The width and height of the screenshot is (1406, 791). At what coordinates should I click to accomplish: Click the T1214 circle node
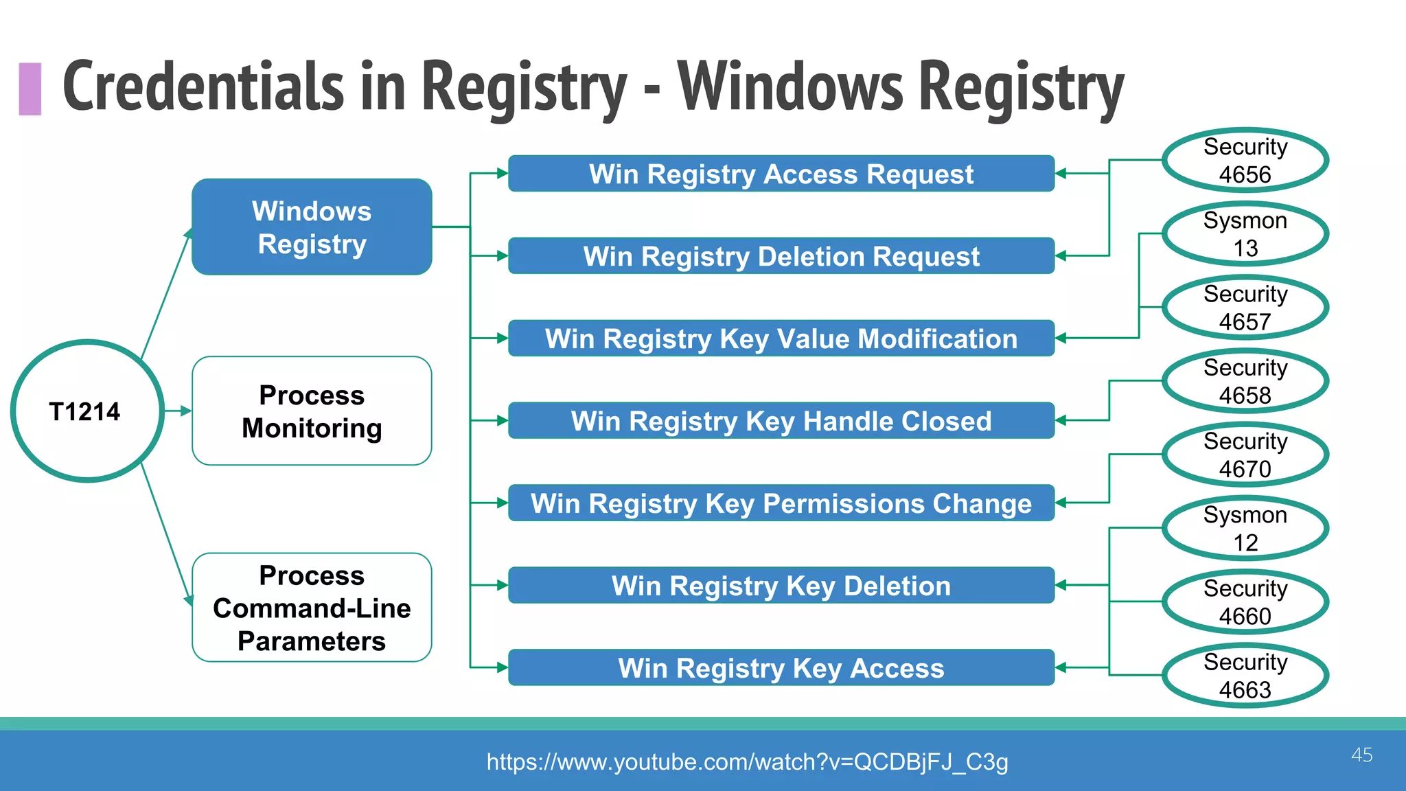(x=87, y=411)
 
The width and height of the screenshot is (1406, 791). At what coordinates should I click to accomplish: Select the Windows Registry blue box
(x=312, y=227)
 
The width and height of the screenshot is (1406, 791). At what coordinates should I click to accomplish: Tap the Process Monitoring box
(x=312, y=411)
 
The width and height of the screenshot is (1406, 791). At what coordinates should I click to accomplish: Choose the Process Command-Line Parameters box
(x=312, y=608)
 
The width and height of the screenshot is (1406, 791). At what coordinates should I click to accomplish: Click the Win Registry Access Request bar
(x=781, y=174)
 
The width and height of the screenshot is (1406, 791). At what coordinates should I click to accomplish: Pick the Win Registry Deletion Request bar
(x=781, y=256)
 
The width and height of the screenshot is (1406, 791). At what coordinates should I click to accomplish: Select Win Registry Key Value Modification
(x=781, y=339)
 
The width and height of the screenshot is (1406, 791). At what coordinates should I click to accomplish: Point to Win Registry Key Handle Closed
(x=781, y=421)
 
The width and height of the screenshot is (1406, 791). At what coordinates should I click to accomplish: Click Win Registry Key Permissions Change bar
(x=781, y=503)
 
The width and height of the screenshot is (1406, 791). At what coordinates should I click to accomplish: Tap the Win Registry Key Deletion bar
(x=781, y=586)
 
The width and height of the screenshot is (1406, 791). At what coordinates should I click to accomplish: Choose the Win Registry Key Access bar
(x=781, y=668)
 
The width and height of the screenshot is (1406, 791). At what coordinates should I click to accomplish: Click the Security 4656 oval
(x=1245, y=160)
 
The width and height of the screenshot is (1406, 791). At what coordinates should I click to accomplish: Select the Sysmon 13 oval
(x=1245, y=233)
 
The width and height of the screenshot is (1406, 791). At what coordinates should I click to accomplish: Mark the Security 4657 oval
(x=1245, y=307)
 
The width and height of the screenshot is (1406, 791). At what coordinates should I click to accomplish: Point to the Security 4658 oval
(x=1245, y=381)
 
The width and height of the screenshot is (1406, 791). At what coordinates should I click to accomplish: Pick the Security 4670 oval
(x=1245, y=455)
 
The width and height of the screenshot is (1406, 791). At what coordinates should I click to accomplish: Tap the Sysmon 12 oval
(x=1245, y=528)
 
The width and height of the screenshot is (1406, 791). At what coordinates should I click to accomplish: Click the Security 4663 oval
(x=1245, y=675)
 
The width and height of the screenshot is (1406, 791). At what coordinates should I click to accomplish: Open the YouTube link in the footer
(x=747, y=762)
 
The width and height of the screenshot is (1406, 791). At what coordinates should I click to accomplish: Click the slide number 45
(x=1361, y=755)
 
